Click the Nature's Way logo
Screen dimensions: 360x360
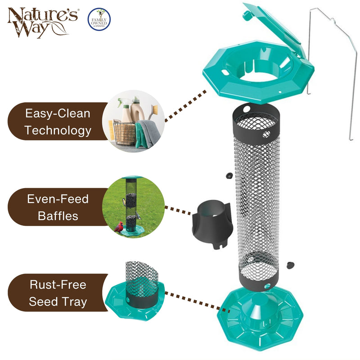(x=42, y=21)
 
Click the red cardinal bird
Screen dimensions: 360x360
(x=120, y=226)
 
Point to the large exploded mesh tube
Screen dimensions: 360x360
(x=258, y=198)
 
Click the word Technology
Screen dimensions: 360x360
(x=58, y=131)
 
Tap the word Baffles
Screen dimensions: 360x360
(x=58, y=216)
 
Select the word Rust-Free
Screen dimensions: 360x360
(x=58, y=284)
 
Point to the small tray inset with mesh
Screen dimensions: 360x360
(x=134, y=291)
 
